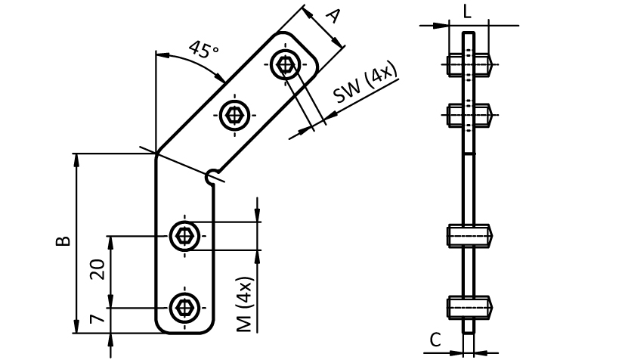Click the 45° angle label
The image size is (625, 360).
[203, 51]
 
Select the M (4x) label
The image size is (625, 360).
[243, 303]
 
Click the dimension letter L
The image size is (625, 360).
[467, 11]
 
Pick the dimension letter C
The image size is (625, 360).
[435, 340]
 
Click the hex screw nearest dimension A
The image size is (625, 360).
[285, 66]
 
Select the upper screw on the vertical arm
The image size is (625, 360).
[184, 237]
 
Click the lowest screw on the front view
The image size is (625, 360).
[184, 308]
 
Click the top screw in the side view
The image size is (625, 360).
[469, 65]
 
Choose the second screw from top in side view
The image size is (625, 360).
[469, 116]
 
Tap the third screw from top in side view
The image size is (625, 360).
[469, 237]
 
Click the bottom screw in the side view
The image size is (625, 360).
[469, 308]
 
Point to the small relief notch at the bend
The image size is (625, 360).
[214, 177]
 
